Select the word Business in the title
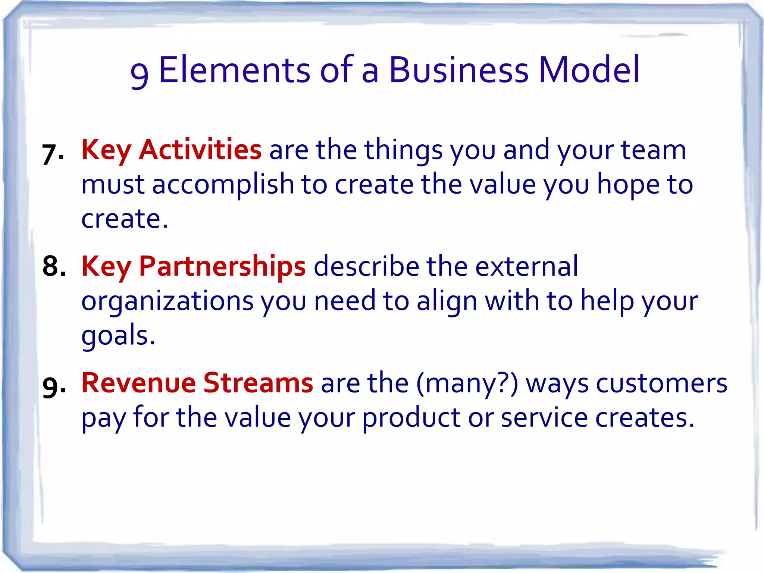459,70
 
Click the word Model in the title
589,70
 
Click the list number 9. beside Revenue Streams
54,387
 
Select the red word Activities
200,150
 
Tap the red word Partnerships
222,266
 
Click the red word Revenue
139,383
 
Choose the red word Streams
258,383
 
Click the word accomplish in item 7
223,185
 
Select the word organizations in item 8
167,302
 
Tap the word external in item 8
526,266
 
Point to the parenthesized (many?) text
467,384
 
